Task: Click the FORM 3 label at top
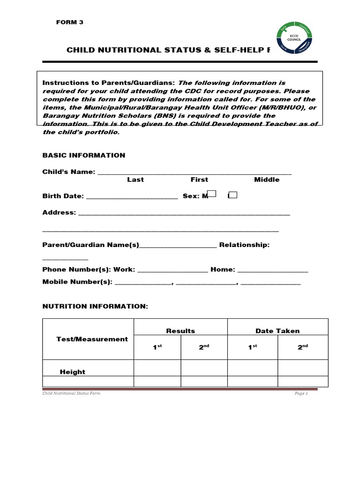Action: [69, 22]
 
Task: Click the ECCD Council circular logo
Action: [294, 37]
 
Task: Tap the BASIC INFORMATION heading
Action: [84, 155]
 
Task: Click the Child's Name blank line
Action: [194, 172]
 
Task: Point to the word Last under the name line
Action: [135, 180]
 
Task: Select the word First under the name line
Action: [199, 180]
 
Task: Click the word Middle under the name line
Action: [267, 180]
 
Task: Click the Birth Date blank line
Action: [132, 197]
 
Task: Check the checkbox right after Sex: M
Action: [212, 194]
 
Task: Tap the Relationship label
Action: [244, 245]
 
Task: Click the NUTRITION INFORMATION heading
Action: [95, 306]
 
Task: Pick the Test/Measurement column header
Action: [92, 339]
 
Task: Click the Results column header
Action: [180, 330]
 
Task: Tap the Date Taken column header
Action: [277, 330]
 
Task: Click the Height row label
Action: [73, 372]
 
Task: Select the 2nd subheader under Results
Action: [204, 347]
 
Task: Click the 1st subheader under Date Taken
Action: [252, 347]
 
